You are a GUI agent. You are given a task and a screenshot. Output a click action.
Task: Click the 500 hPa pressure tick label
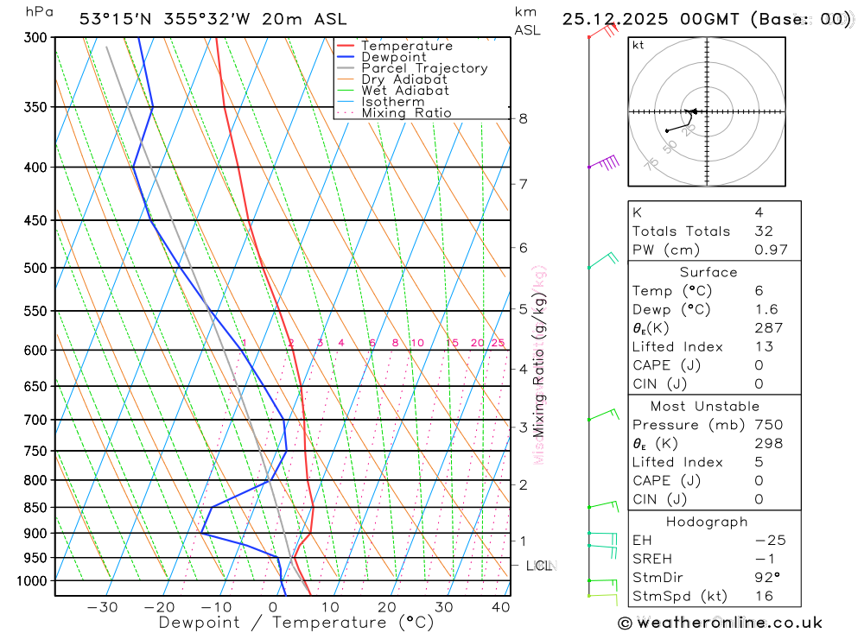click(35, 268)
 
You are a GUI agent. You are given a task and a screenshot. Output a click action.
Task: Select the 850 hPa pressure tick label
click(35, 507)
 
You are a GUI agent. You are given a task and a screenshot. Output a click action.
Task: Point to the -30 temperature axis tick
click(103, 607)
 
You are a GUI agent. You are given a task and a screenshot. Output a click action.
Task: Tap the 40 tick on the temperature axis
click(500, 607)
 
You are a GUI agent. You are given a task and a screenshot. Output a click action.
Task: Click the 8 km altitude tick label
click(524, 118)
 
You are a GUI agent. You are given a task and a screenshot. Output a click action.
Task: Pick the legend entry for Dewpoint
click(394, 57)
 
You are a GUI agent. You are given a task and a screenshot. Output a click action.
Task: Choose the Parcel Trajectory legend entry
click(424, 68)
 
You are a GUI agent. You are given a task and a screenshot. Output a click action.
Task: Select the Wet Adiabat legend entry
click(405, 91)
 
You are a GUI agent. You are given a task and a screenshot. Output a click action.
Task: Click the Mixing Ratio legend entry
click(406, 113)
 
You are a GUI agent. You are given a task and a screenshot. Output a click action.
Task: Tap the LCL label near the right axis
click(539, 566)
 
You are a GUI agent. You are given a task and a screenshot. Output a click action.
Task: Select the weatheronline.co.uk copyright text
click(720, 623)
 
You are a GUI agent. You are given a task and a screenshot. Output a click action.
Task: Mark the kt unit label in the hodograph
click(638, 45)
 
